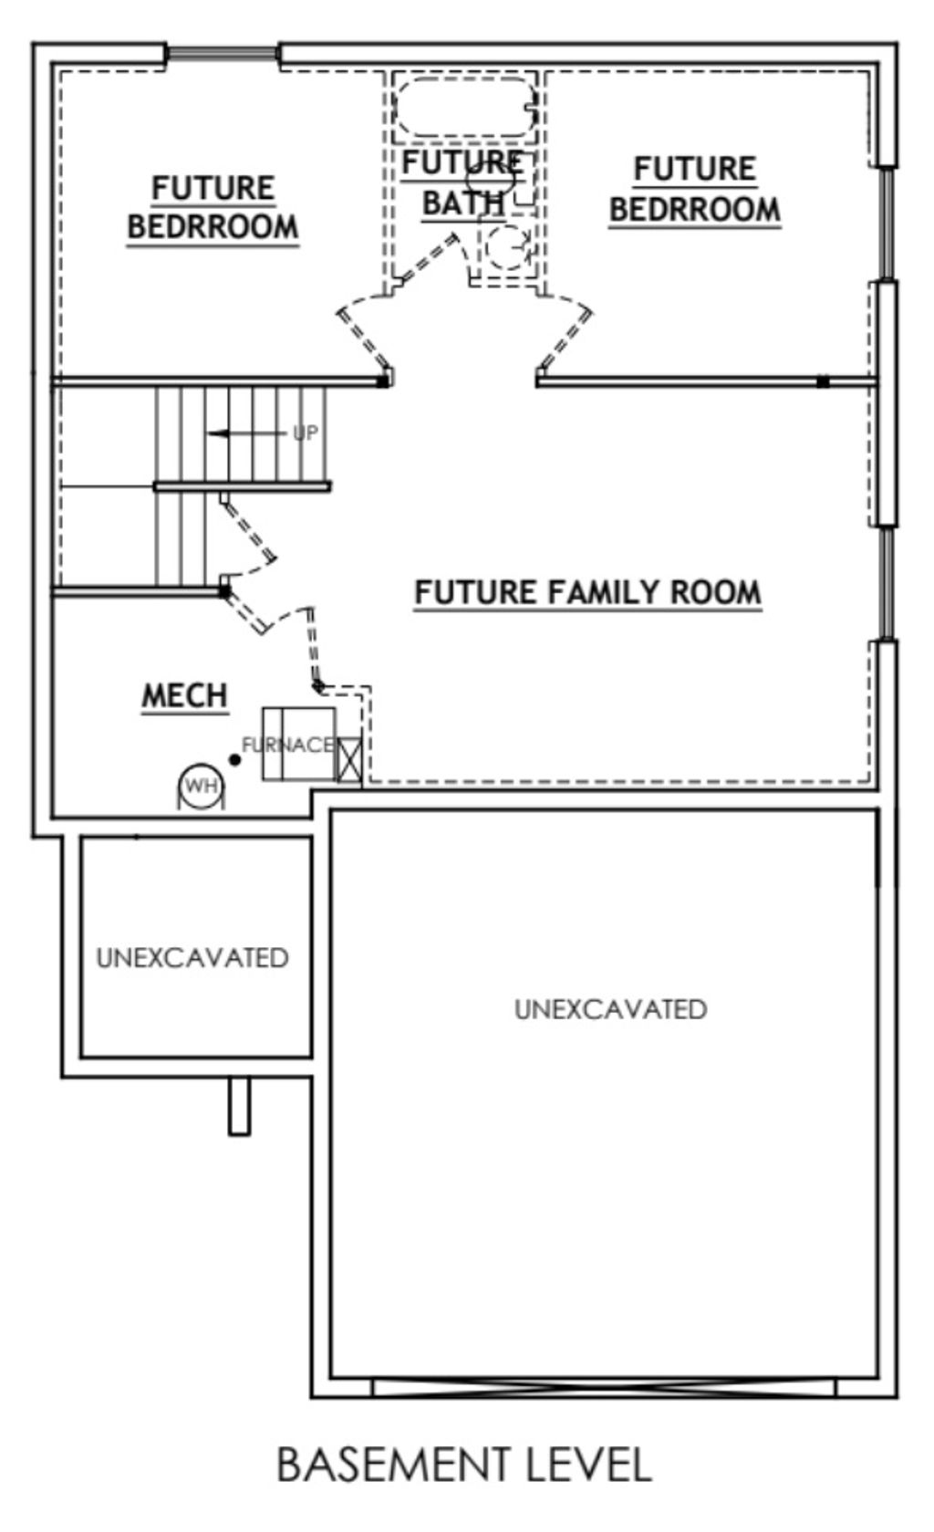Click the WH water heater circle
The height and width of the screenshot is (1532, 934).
201,786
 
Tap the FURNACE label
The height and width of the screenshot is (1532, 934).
288,745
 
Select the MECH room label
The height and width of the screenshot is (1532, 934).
184,695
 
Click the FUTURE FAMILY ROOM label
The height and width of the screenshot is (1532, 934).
588,592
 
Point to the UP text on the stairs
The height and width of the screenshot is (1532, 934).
305,433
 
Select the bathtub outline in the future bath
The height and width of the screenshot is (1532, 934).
465,107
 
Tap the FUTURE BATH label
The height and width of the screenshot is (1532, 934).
463,182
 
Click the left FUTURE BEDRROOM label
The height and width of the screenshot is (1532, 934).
213,207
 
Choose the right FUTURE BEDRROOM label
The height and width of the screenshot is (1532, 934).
695,189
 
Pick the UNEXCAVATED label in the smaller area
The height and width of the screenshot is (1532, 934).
192,958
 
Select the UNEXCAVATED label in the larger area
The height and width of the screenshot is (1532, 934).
610,1009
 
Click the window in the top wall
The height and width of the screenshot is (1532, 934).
223,54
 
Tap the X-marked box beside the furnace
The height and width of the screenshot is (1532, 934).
349,759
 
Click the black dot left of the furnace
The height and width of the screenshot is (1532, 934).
234,760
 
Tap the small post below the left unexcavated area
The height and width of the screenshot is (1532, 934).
239,1106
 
